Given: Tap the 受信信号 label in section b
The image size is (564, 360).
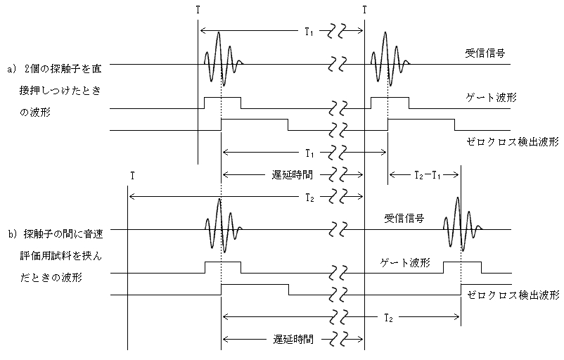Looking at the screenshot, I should click(404, 219).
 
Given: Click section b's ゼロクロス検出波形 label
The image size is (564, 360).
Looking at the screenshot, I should click(511, 295).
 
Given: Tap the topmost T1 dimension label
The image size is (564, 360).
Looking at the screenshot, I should click(309, 32).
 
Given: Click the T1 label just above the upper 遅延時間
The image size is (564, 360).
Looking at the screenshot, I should click(309, 153).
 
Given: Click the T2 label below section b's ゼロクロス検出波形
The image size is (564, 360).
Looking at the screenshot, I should click(388, 318).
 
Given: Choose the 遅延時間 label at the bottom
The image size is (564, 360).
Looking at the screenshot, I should click(293, 339).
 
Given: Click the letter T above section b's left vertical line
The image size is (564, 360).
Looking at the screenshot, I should click(131, 175).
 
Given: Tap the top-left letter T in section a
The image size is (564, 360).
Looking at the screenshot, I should click(198, 10).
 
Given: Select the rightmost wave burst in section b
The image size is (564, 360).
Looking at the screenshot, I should click(461, 222).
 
